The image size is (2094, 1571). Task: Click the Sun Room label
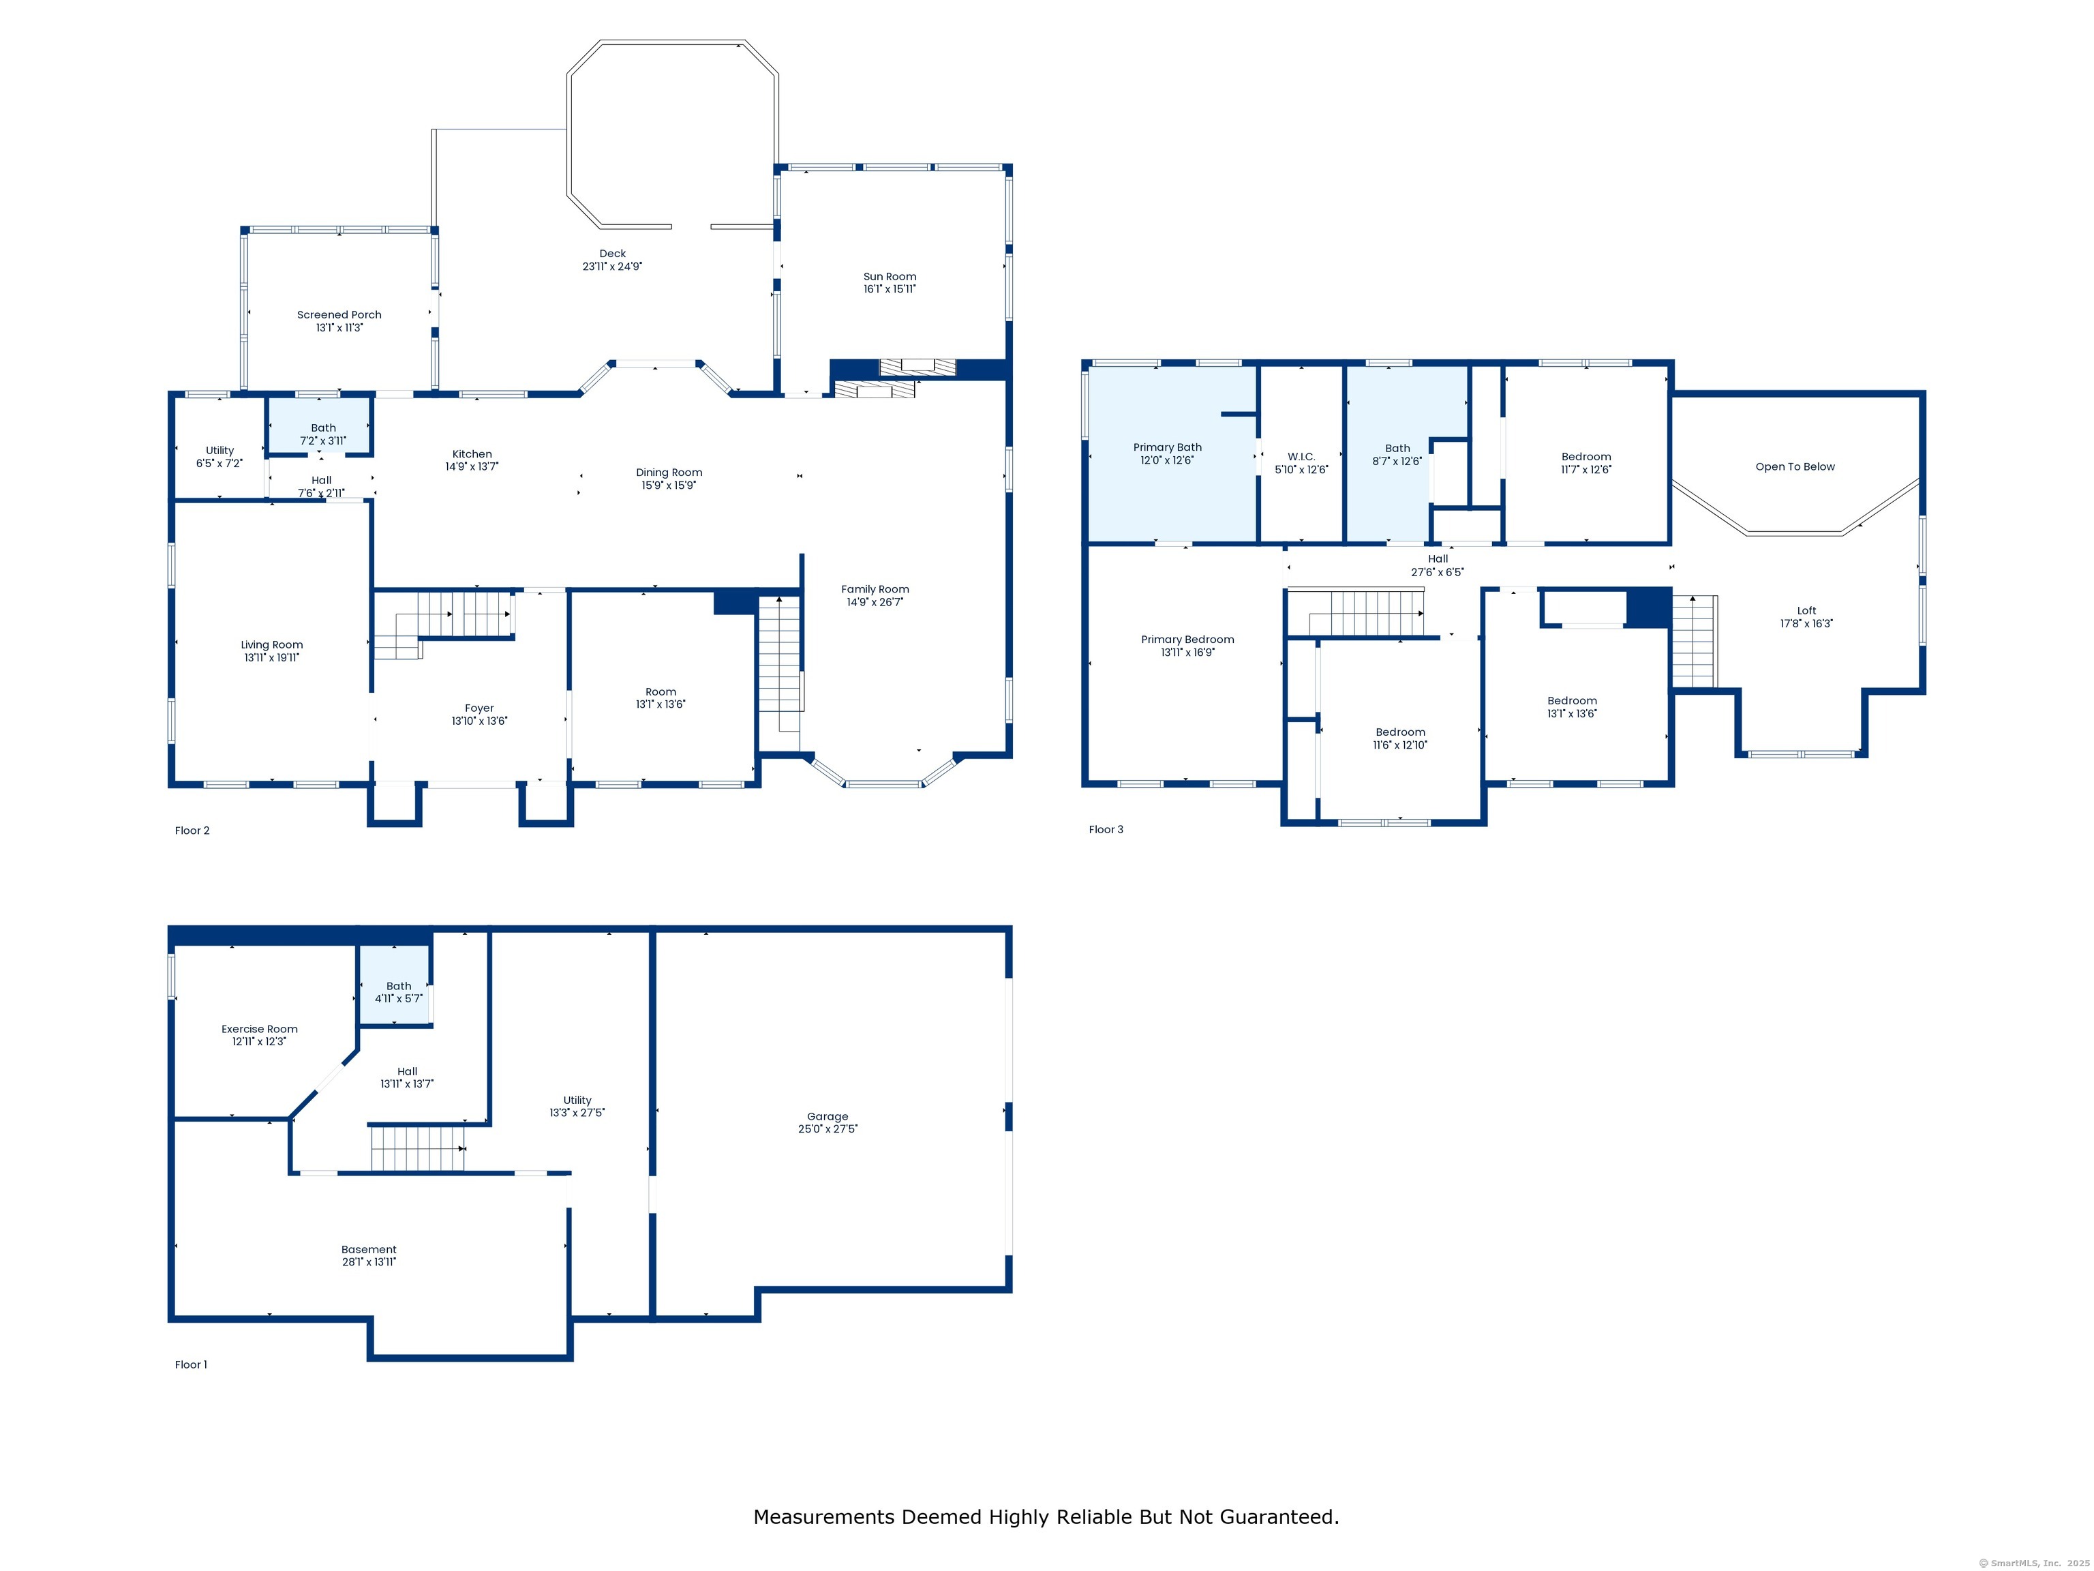click(x=889, y=277)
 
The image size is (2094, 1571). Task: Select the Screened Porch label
click(x=339, y=314)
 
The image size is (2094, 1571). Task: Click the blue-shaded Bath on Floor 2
click(x=319, y=425)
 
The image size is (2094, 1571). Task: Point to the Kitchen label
click(x=472, y=453)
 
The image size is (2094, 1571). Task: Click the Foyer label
click(x=479, y=708)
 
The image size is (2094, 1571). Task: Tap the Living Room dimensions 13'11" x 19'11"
click(x=272, y=658)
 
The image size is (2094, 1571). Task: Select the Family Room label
click(x=875, y=589)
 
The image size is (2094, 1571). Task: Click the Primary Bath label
click(x=1167, y=447)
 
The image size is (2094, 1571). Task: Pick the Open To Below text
click(x=1794, y=467)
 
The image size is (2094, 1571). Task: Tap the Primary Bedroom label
click(x=1187, y=639)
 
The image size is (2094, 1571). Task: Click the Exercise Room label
click(x=260, y=1028)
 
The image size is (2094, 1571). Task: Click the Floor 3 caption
click(x=1105, y=830)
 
